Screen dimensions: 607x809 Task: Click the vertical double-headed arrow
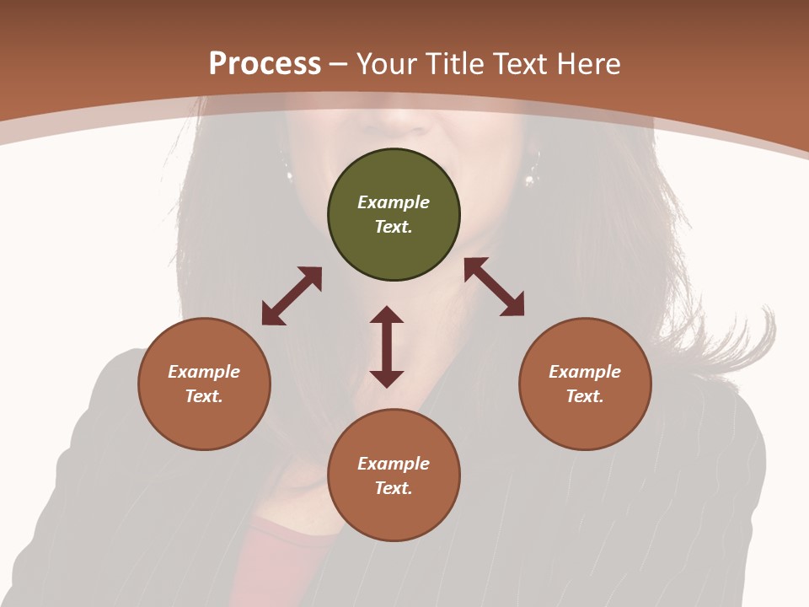[387, 346]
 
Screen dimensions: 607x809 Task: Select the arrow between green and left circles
[292, 296]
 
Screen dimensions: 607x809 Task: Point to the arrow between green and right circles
[494, 287]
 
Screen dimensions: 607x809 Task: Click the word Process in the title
[265, 63]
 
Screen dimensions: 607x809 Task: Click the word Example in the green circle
[394, 202]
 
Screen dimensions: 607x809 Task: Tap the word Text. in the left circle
[204, 396]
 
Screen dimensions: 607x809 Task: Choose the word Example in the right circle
[585, 372]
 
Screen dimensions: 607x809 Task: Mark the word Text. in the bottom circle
[394, 488]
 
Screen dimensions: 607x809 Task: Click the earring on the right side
[531, 177]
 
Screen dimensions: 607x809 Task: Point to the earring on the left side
[290, 175]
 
